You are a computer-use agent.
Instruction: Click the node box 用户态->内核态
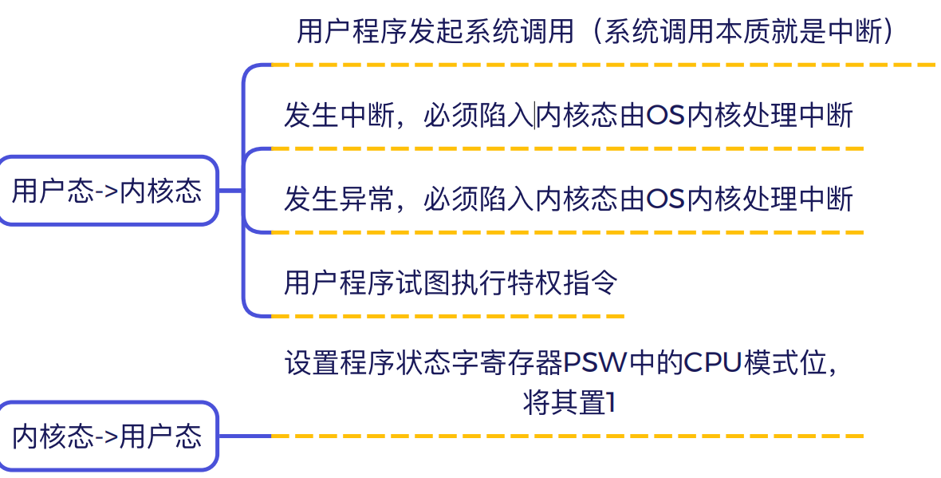(108, 191)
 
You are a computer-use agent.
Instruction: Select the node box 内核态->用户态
(108, 436)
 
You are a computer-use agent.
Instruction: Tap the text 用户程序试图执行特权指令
(451, 282)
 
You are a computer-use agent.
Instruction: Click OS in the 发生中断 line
(666, 115)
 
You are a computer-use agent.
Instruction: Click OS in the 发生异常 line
(666, 199)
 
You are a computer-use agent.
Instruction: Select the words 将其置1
(569, 402)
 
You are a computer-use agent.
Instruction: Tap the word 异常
(368, 199)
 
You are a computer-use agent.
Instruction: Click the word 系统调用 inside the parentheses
(659, 31)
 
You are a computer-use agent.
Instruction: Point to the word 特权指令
(562, 282)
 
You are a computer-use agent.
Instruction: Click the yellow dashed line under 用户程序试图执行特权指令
(447, 316)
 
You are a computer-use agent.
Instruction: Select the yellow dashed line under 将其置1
(568, 436)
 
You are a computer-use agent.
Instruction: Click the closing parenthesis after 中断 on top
(889, 31)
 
